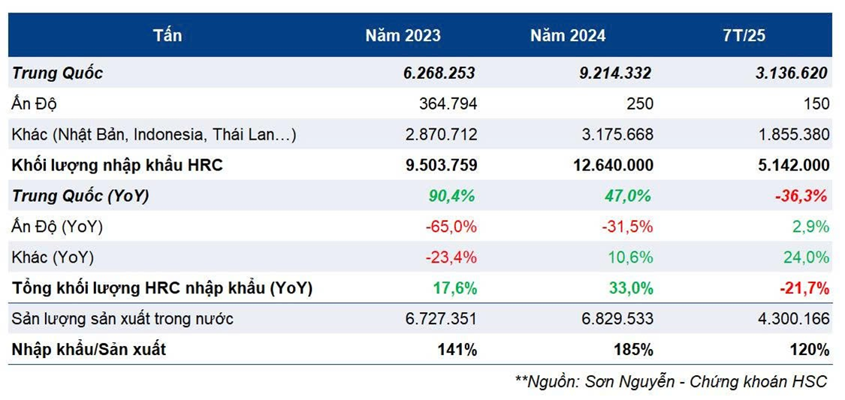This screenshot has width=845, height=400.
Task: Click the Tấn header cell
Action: tap(167, 35)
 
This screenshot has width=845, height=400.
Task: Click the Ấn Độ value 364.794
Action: tap(448, 104)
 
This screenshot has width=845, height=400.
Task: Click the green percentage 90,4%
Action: tap(452, 196)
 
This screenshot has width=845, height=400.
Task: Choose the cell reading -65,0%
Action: tap(451, 227)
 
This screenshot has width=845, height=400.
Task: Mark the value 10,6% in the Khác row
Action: tap(631, 257)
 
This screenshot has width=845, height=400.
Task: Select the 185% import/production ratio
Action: tap(636, 350)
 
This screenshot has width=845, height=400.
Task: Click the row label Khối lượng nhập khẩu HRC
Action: tap(117, 165)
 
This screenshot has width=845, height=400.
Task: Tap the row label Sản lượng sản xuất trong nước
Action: tap(122, 319)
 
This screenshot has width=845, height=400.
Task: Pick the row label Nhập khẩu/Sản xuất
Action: tap(89, 350)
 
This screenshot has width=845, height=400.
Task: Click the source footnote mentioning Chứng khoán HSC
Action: tap(671, 381)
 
